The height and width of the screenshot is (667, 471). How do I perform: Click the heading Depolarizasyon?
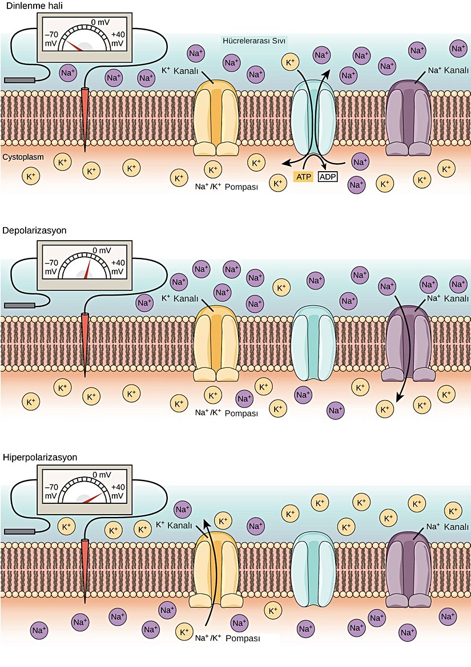35,231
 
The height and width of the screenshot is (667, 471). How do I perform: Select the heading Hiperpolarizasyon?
40,457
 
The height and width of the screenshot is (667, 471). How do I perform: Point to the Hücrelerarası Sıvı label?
253,41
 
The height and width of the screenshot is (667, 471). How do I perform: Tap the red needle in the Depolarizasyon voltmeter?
88,269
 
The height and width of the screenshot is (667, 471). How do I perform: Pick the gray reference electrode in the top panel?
20,80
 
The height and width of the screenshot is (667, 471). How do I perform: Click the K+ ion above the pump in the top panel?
290,62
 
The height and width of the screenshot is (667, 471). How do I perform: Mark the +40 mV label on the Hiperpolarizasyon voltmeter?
118,492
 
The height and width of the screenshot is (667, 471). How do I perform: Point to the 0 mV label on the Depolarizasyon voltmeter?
101,250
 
